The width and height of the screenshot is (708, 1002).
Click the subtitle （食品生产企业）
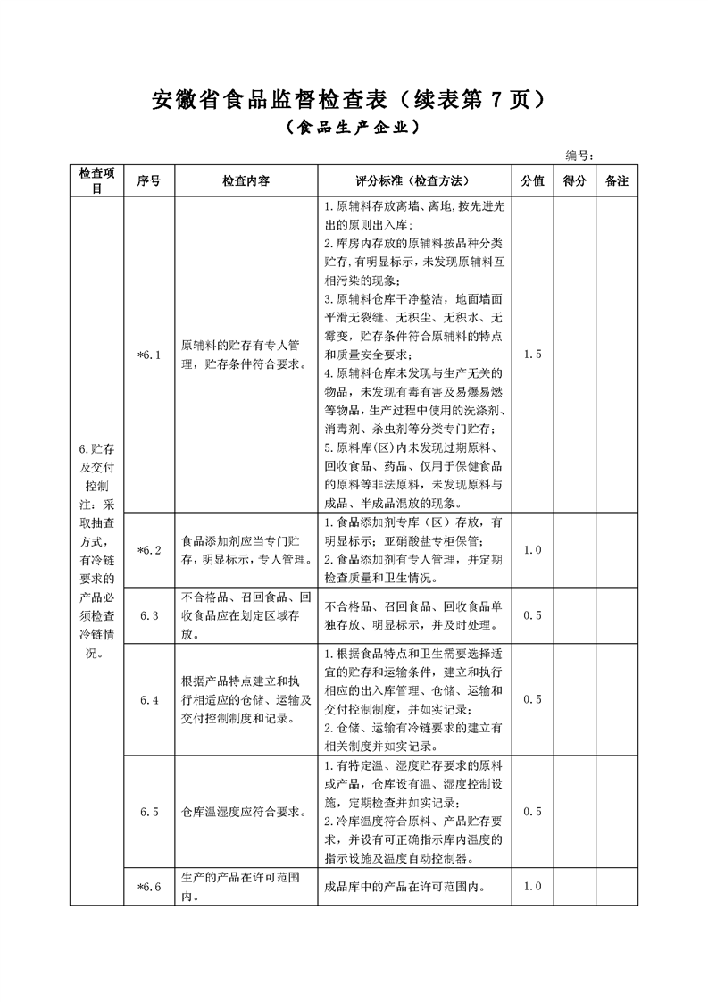[354, 129]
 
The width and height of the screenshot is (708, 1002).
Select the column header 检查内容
[246, 180]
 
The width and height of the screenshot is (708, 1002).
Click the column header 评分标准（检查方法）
[413, 180]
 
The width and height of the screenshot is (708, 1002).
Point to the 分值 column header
[532, 180]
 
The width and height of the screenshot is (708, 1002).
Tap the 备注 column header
[617, 180]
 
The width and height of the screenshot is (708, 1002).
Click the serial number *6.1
[149, 355]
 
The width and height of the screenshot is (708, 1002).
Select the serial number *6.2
[149, 549]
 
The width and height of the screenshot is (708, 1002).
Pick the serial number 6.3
[149, 615]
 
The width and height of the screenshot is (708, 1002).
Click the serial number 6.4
[149, 699]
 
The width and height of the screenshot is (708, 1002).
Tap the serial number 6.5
[149, 812]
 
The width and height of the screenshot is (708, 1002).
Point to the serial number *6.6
[149, 886]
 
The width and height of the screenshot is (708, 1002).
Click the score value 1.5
[532, 355]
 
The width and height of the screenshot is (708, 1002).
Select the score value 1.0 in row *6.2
[532, 549]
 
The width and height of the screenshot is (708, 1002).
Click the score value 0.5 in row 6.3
[532, 615]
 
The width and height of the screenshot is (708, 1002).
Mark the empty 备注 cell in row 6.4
[617, 699]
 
